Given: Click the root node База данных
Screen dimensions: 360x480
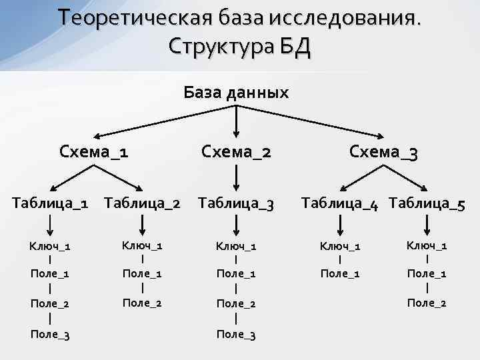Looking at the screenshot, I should pos(236,93).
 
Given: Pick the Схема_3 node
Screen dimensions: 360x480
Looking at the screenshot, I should pos(384,153).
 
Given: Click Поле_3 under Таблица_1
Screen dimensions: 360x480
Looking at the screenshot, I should pos(50,334).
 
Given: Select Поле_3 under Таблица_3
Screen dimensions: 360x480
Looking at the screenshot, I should pos(236,334).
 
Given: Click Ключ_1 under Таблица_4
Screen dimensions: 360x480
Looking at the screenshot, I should pos(340,246).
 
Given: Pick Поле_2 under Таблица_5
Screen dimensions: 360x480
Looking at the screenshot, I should pos(427,303).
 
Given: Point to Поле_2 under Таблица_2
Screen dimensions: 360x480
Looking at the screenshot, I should pos(143,303).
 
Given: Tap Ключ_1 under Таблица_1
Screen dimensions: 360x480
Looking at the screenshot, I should pos(50,246).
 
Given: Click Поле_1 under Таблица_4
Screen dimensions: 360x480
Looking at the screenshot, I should pos(340,273).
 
